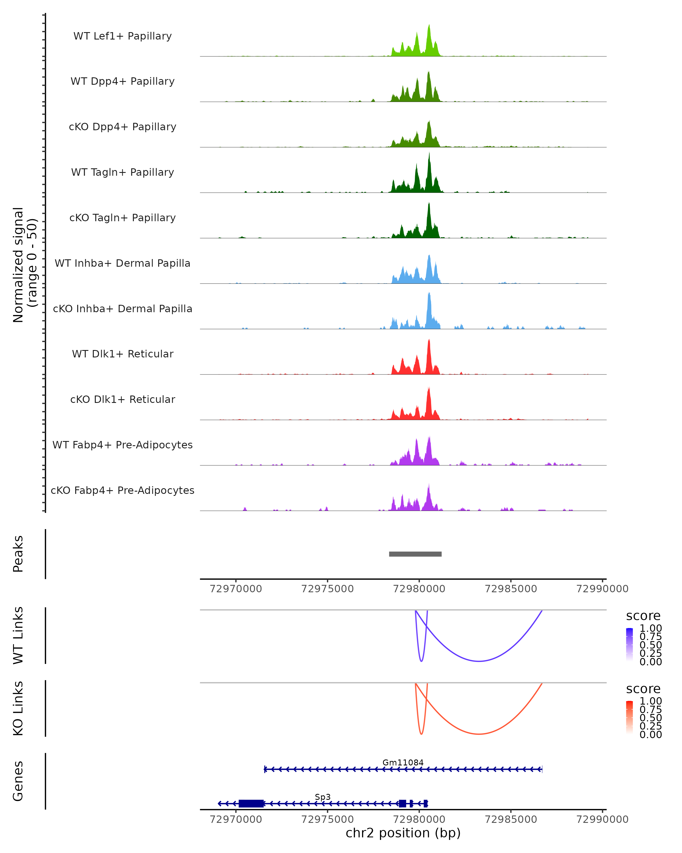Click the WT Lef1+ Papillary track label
click(122, 36)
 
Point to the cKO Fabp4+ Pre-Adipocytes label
click(122, 490)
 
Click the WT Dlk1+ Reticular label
click(122, 354)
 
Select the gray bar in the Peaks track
click(415, 554)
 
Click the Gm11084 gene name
click(403, 762)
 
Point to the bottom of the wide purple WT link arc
click(479, 661)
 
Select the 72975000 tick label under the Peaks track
click(327, 589)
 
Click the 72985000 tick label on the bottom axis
click(511, 819)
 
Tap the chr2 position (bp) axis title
click(403, 833)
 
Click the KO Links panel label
click(18, 708)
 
